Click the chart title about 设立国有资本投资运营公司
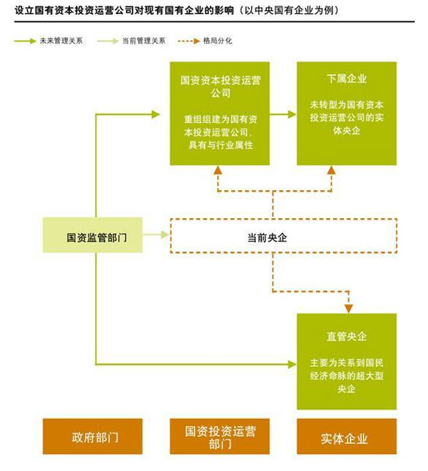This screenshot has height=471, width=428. (177, 10)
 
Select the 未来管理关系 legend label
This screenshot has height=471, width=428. (61, 40)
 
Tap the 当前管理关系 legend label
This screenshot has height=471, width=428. (143, 40)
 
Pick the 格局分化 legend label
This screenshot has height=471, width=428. (217, 40)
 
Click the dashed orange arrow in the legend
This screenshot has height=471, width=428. (188, 41)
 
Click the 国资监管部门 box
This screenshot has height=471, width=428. (93, 235)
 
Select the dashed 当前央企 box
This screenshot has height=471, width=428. (283, 236)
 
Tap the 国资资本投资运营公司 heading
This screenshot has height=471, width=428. (220, 86)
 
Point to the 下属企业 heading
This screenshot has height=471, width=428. (346, 79)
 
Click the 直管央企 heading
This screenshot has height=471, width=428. (346, 336)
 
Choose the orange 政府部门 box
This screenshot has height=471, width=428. (93, 437)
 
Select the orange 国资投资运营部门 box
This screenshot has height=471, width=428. (220, 437)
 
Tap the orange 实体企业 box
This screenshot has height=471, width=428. (346, 437)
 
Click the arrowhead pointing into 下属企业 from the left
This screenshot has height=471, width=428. (292, 114)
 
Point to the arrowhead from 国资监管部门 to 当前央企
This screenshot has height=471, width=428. (166, 234)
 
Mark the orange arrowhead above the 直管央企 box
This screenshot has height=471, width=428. (349, 309)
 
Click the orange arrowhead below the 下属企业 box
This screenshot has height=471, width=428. (332, 170)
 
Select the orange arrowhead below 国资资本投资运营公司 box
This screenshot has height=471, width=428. (218, 170)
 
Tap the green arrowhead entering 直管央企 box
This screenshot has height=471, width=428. (292, 364)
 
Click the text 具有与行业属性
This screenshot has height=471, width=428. (221, 146)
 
